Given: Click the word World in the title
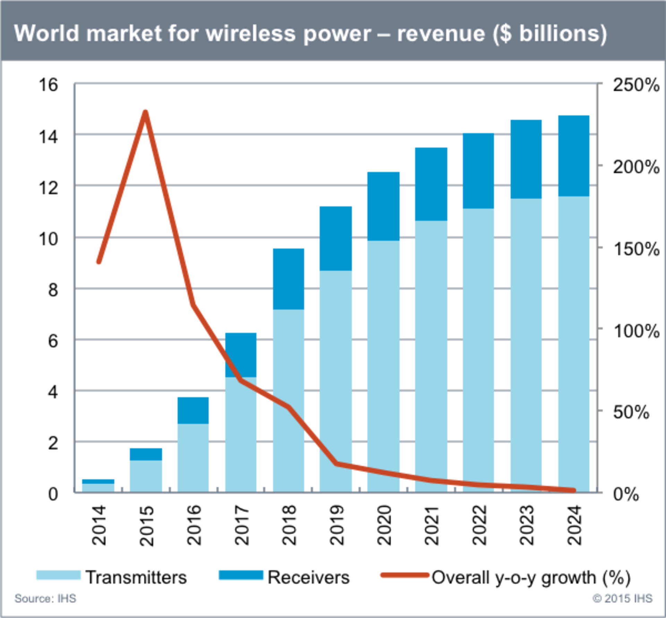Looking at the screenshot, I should (x=47, y=34).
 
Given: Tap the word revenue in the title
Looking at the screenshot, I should (x=441, y=34).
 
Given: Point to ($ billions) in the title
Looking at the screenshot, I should (x=550, y=34).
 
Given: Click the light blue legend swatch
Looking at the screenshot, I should (x=58, y=575).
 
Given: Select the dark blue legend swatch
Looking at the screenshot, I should (x=241, y=575).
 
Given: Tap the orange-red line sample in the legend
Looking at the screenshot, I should (x=404, y=575).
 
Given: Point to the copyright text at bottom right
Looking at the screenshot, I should (x=622, y=598).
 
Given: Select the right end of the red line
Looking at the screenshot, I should (x=573, y=490).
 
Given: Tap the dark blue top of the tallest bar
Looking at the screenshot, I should (x=574, y=155).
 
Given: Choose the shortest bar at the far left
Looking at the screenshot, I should (x=98, y=484).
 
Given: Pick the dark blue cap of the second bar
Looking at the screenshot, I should (x=146, y=454).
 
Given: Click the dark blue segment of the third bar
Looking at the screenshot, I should (x=193, y=410).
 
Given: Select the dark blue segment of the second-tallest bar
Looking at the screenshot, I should (x=526, y=158).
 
